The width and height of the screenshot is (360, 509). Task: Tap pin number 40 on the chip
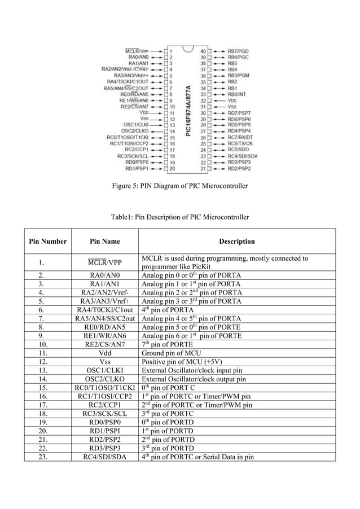(202, 51)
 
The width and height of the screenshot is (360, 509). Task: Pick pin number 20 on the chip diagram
(171, 168)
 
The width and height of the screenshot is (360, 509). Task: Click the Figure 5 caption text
(179, 186)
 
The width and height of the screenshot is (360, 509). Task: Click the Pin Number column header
(48, 242)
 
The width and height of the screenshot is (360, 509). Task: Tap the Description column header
(236, 242)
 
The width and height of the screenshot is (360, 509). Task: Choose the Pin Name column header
(105, 242)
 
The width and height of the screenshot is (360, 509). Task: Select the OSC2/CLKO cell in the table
(105, 379)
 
